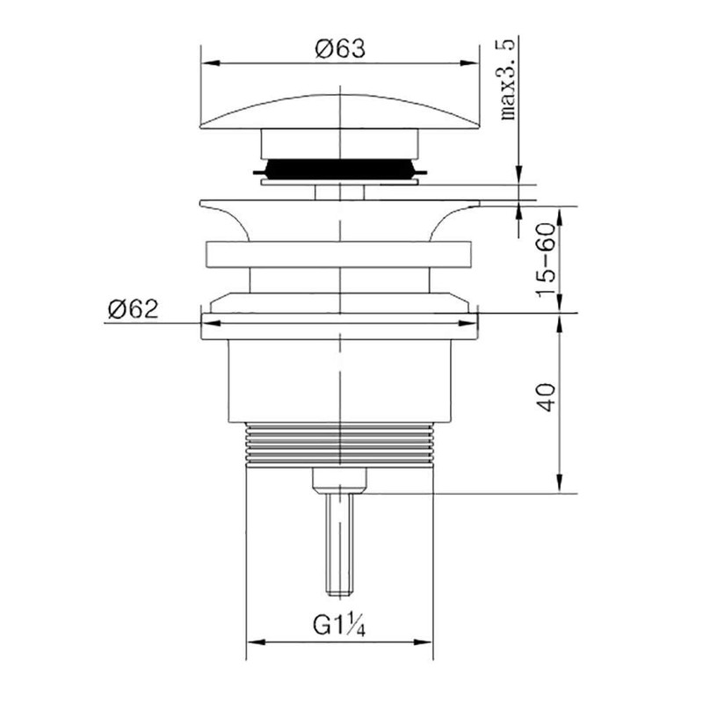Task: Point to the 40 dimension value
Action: tap(547, 397)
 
